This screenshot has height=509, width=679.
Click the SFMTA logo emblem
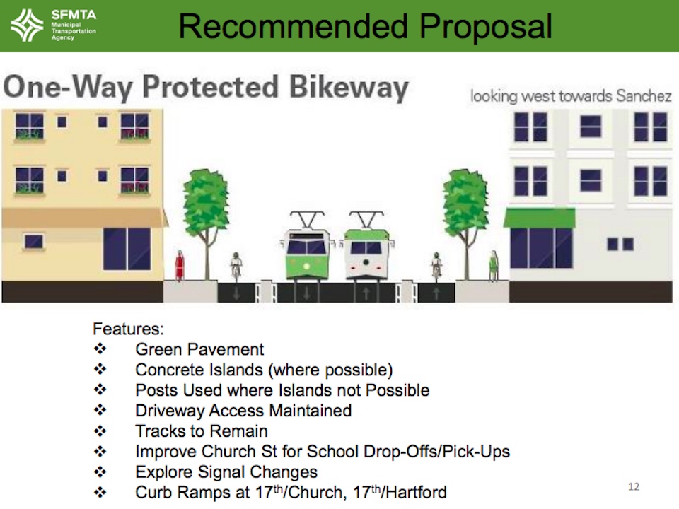tap(27, 25)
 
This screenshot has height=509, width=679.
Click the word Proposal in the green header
tap(485, 27)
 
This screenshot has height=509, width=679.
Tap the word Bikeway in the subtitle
tap(349, 88)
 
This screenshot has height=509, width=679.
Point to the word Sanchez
tap(644, 95)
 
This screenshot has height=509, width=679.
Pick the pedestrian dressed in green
tap(493, 266)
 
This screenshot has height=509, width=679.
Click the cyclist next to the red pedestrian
tap(236, 267)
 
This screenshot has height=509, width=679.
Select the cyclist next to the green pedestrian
tap(436, 267)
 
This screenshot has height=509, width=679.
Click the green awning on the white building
tap(540, 218)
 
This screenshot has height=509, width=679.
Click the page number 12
tap(634, 486)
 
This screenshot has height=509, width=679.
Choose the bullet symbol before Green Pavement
tap(100, 349)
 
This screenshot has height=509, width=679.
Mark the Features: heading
tap(128, 329)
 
